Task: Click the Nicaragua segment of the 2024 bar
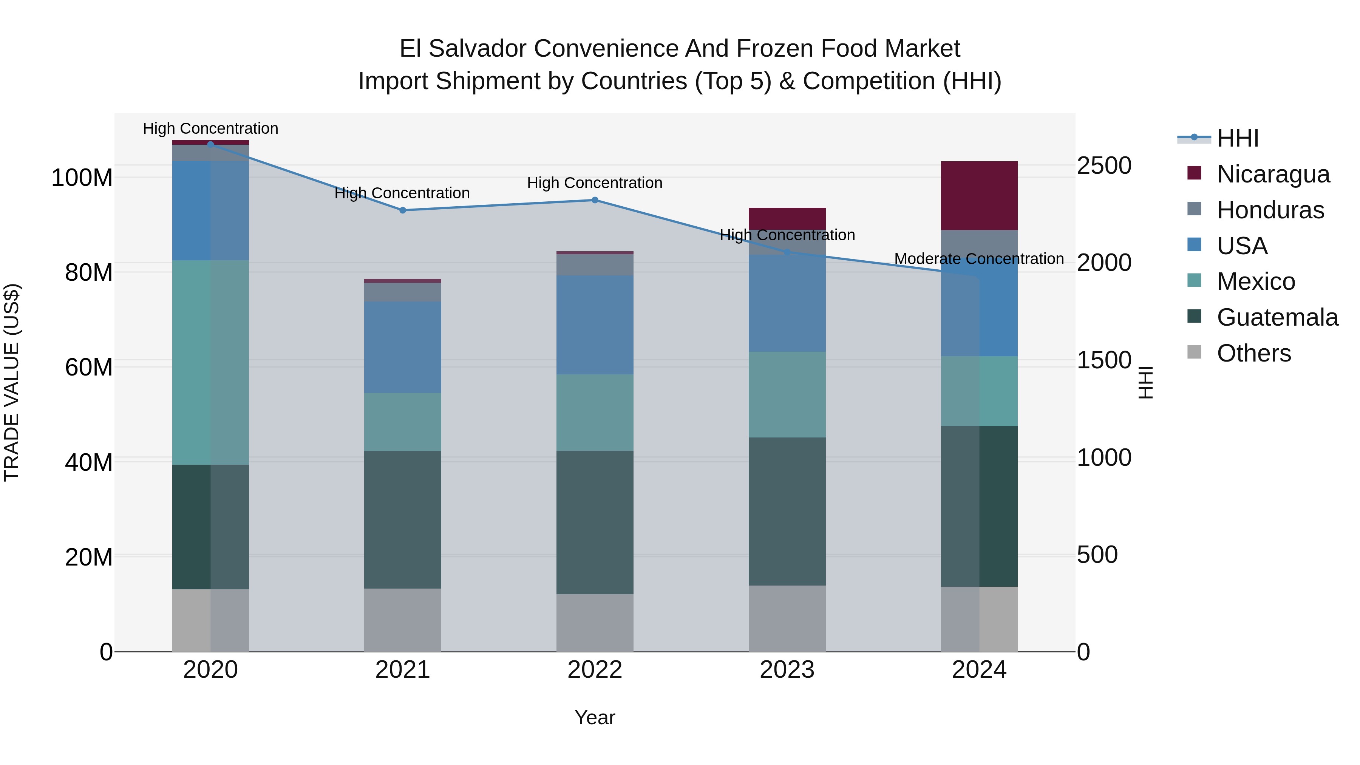(x=979, y=195)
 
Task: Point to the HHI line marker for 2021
(x=402, y=210)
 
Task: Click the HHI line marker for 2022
(x=595, y=200)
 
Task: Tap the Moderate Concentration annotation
(x=979, y=259)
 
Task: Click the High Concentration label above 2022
(x=595, y=183)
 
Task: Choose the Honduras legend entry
(x=1270, y=210)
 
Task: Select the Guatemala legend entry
(x=1277, y=317)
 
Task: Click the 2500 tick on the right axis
(x=1104, y=166)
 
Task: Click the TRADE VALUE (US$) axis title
(x=12, y=382)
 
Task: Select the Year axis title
(x=595, y=717)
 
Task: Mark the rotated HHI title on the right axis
(x=1145, y=382)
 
